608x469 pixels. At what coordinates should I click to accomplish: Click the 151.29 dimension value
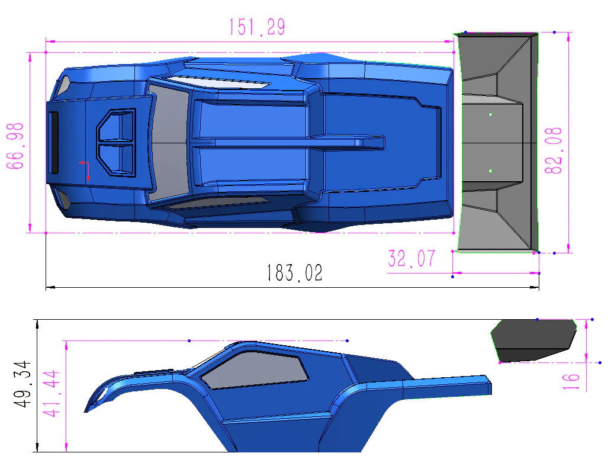(256, 27)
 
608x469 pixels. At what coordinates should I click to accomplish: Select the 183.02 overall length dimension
(294, 273)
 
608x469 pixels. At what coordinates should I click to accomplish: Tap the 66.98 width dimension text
(15, 146)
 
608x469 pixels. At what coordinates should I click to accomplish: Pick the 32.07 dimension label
(411, 259)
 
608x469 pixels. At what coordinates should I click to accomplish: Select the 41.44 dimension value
(53, 394)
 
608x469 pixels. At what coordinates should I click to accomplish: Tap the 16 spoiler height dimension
(571, 380)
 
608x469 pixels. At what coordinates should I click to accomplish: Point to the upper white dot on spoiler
(491, 114)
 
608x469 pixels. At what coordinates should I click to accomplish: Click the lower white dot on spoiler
(491, 171)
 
